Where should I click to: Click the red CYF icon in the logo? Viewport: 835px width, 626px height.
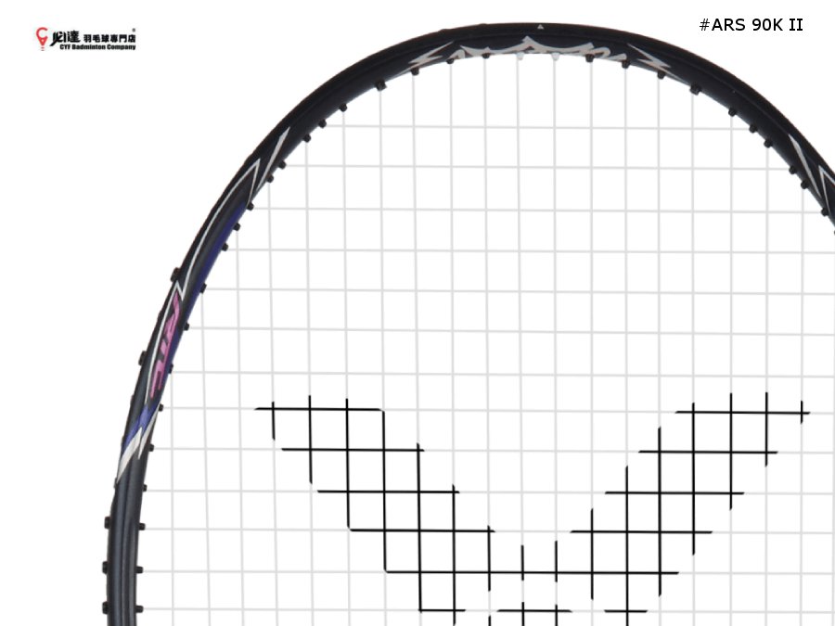(x=42, y=38)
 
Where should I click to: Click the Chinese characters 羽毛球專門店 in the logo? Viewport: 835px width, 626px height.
(x=109, y=37)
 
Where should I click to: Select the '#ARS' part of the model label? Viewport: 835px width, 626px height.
(x=721, y=25)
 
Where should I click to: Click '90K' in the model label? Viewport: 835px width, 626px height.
(x=765, y=25)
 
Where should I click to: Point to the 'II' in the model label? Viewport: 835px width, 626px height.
(x=795, y=25)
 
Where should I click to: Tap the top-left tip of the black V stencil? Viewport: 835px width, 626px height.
(x=264, y=408)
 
